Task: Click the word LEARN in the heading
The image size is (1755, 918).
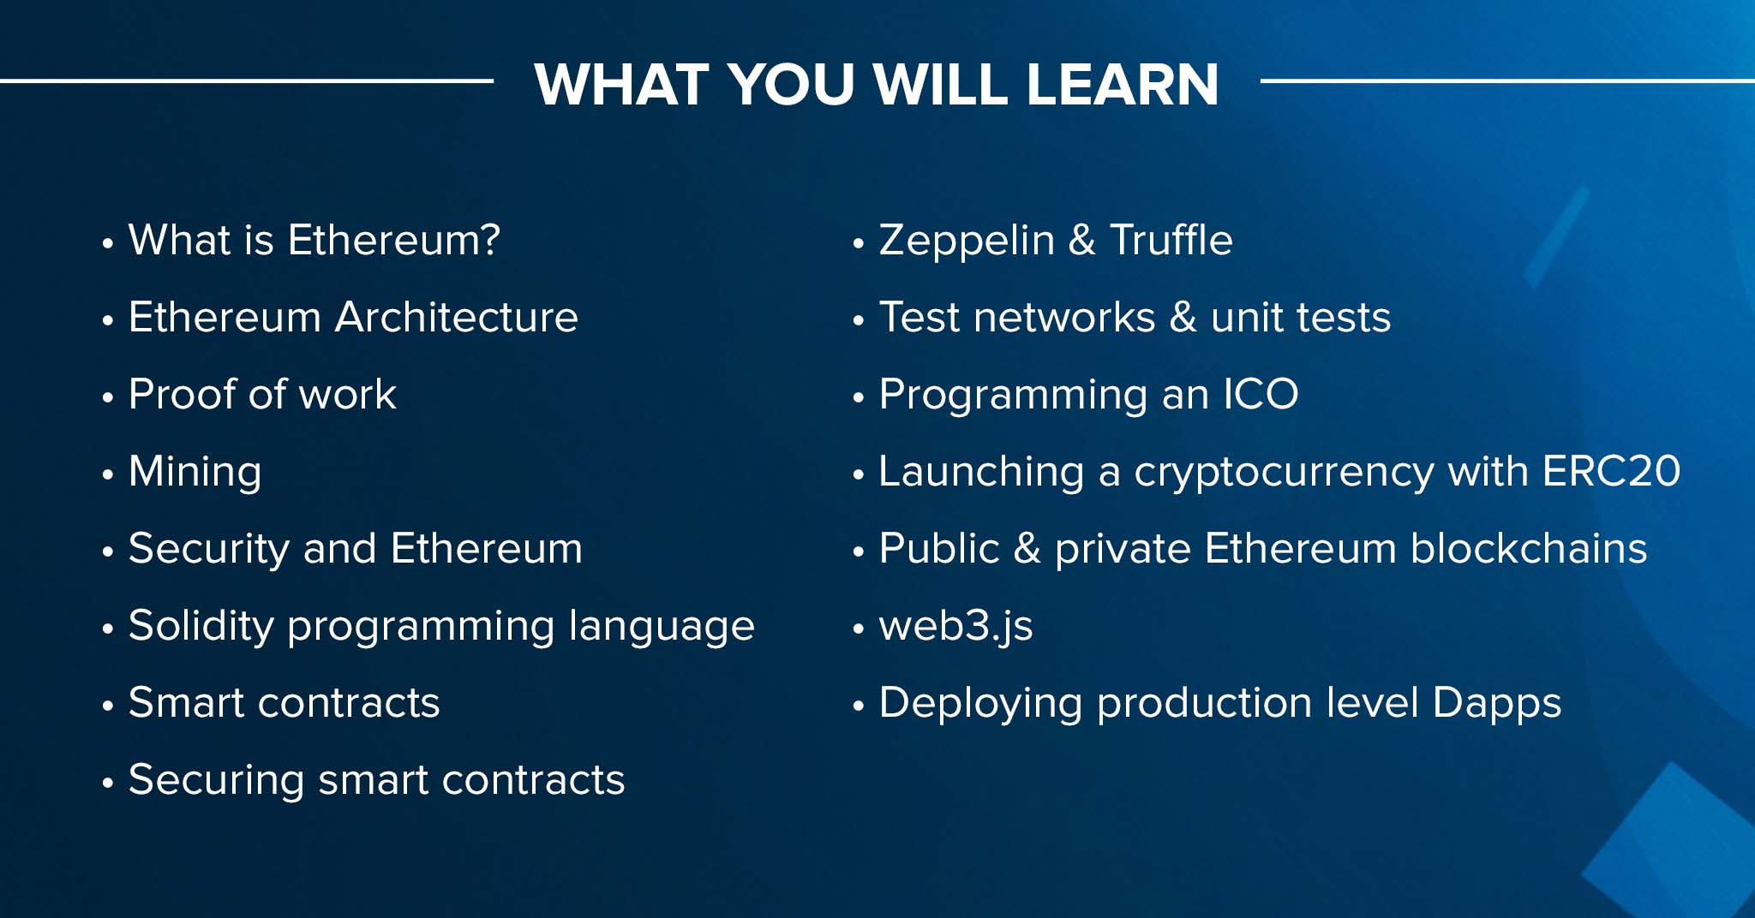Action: point(1122,84)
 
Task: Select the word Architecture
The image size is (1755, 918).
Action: point(457,317)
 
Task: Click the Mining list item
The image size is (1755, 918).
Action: point(195,473)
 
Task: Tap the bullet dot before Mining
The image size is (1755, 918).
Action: point(107,474)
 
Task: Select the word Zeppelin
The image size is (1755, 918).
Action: point(967,241)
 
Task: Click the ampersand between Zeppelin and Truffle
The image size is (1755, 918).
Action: point(1082,240)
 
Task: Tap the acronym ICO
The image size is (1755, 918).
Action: point(1261,394)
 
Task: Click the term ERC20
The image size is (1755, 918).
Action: point(1611,471)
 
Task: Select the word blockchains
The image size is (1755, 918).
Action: point(1529,548)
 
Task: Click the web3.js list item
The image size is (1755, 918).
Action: point(955,627)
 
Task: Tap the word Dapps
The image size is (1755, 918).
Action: point(1497,704)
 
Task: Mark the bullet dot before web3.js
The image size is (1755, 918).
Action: point(858,629)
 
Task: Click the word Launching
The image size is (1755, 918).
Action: point(982,473)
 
